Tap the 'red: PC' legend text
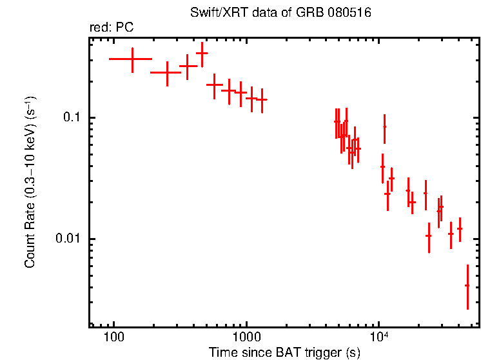pos(111,28)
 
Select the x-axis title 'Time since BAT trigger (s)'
pos(284,352)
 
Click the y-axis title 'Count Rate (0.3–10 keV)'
pos(30,182)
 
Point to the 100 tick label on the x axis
pos(113,337)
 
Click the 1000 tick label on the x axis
pos(246,337)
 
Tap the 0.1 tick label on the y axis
pos(69,118)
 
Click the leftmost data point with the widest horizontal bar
pos(132,59)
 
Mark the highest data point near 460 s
pos(202,54)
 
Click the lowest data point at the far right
pos(467,285)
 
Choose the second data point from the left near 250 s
pos(167,73)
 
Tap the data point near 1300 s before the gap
pos(262,99)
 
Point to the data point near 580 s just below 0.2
pos(214,85)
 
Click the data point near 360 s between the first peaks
pos(188,66)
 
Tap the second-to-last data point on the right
pos(460,228)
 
